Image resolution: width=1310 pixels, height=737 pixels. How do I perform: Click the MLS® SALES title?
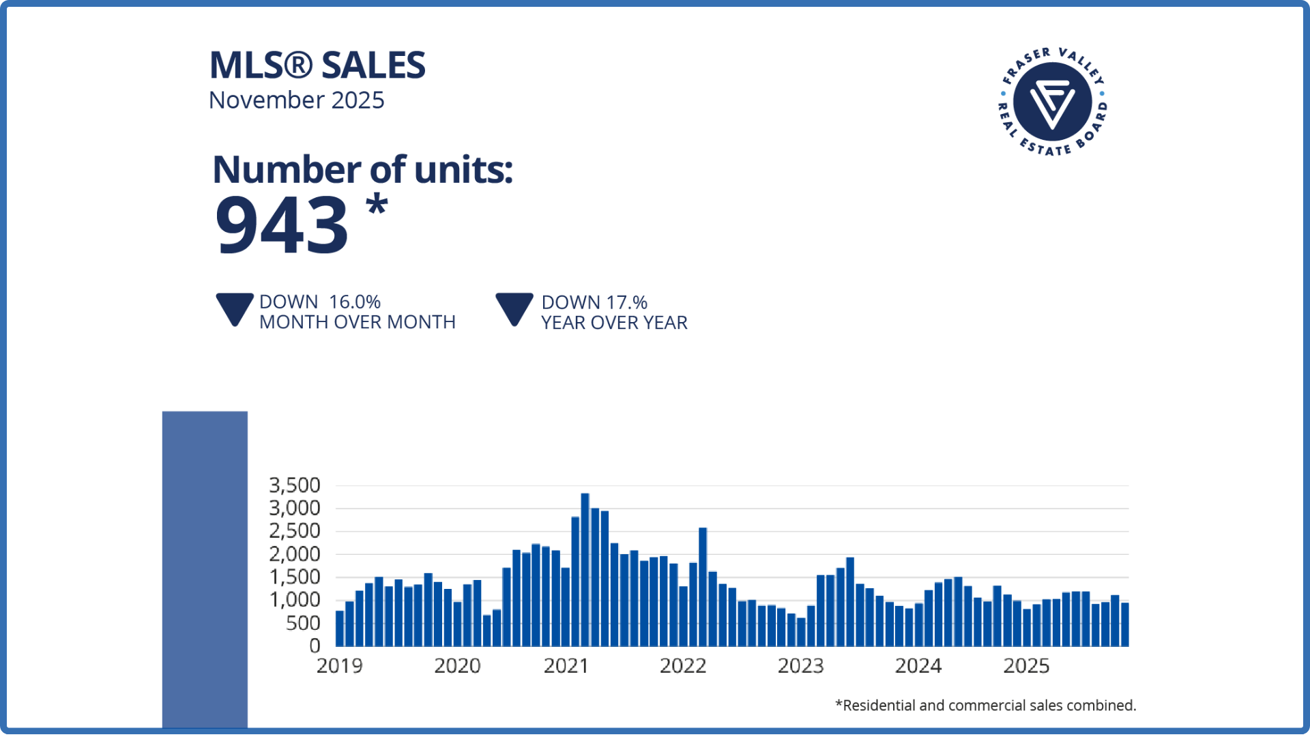coord(317,66)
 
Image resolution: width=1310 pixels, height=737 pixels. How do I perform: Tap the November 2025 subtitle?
coord(297,100)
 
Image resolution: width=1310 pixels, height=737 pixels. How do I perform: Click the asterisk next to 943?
coord(377,205)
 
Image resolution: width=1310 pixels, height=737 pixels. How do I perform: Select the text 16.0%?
coord(355,302)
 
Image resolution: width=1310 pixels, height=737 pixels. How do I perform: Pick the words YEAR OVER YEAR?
coord(614,323)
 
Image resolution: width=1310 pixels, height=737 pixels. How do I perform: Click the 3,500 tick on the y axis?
coord(295,485)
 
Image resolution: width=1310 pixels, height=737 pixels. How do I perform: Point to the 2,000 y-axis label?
coord(295,554)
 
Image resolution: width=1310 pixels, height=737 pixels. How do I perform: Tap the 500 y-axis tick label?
coord(303,623)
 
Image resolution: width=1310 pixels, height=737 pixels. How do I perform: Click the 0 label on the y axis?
coord(315,646)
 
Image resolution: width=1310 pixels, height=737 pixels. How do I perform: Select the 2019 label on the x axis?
coord(340,666)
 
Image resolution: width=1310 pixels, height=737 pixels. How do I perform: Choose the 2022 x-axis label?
coord(683,666)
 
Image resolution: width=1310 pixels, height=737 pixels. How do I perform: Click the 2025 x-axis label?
coord(1026,666)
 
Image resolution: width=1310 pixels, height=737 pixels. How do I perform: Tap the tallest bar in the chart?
coord(585,570)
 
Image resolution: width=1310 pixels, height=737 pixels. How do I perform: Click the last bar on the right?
coord(1125,624)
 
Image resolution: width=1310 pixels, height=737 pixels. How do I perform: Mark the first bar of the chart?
coord(340,628)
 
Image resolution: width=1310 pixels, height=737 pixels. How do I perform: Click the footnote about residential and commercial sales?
coord(985,706)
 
